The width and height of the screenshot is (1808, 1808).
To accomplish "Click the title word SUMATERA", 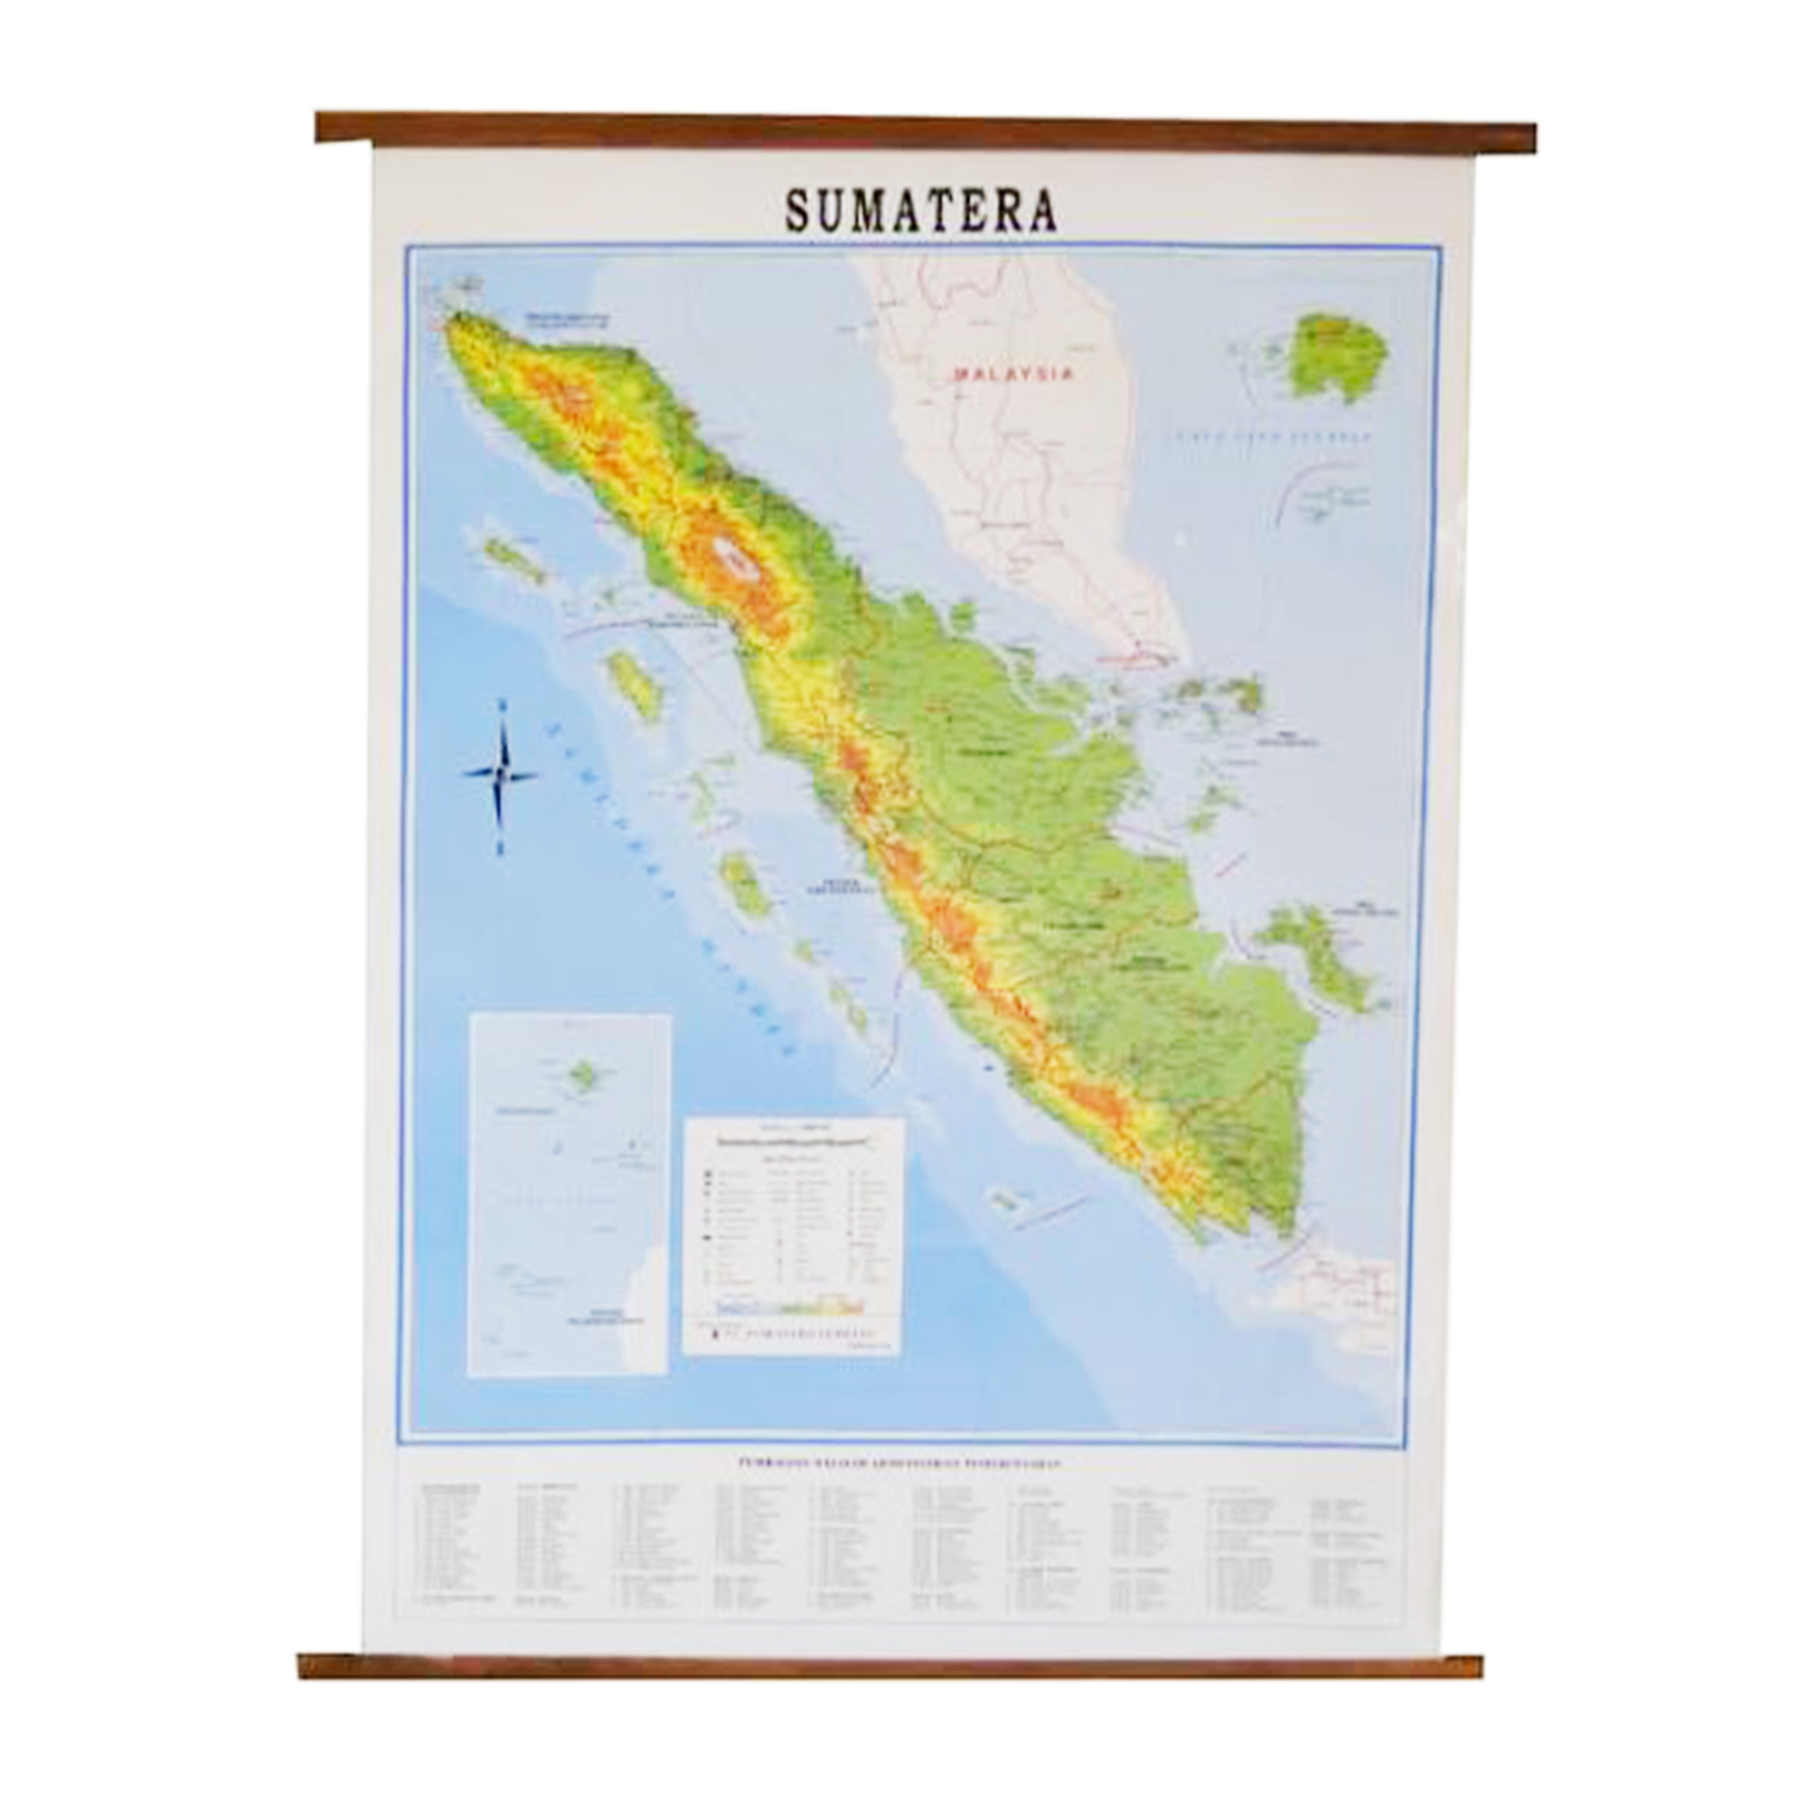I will click(x=921, y=212).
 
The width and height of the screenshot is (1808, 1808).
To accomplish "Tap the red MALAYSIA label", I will click(x=1012, y=373).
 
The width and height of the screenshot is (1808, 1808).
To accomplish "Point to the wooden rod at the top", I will click(x=925, y=131).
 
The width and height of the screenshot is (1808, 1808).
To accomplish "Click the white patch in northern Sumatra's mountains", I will click(x=736, y=560).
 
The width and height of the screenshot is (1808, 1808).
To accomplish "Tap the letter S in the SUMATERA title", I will click(x=798, y=212).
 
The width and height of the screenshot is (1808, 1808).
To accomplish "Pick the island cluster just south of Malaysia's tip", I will click(x=1217, y=697).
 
